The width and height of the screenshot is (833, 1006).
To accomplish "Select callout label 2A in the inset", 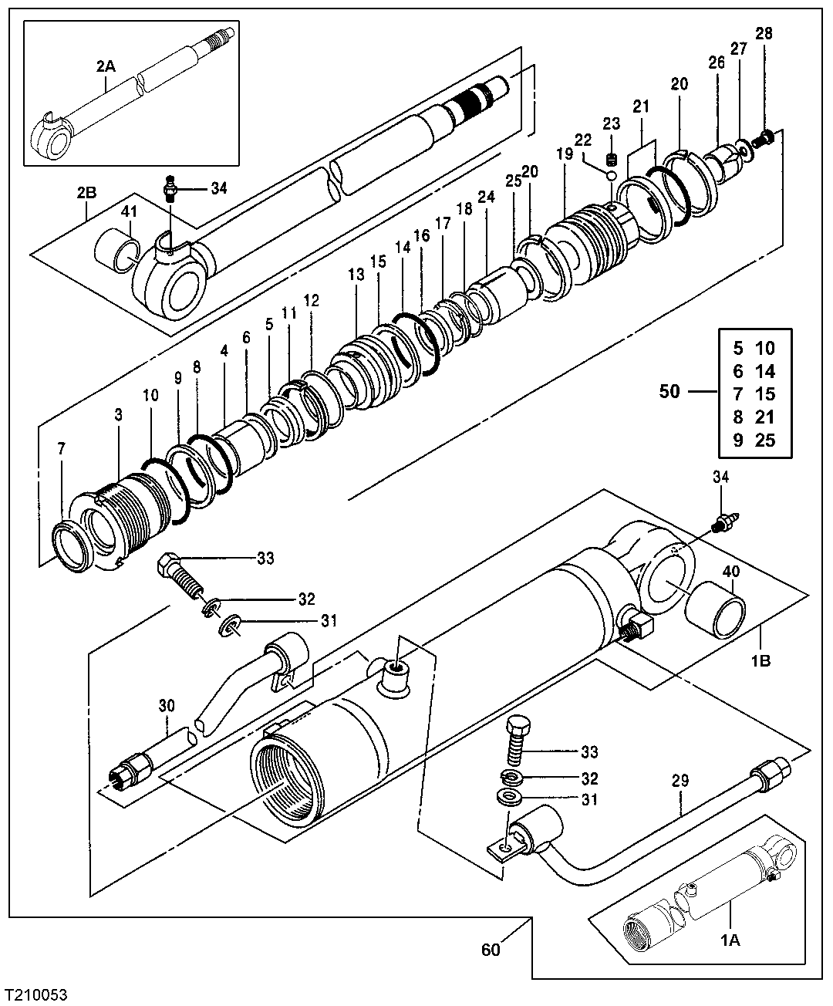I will (106, 67).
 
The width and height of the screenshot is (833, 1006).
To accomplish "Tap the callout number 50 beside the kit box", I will (669, 392).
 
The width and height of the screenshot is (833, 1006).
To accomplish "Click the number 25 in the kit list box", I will (764, 441).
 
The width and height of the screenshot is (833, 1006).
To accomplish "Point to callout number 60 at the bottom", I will (491, 949).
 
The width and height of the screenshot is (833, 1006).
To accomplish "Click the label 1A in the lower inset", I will (730, 940).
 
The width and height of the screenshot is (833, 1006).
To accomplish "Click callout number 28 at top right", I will (764, 34).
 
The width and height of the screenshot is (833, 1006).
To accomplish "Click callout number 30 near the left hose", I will (167, 705).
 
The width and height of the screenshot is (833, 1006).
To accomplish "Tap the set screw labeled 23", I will (612, 160).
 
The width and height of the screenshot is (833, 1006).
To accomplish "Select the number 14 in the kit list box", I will (764, 370).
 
